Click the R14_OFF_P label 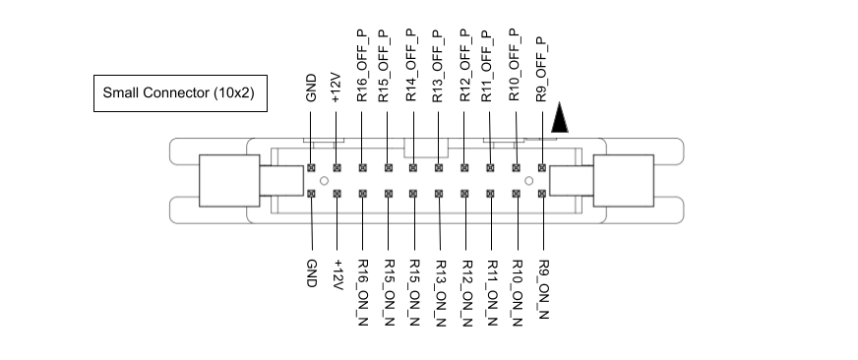(413, 67)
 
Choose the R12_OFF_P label (464, 67)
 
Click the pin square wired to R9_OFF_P (542, 168)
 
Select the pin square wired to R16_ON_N (363, 194)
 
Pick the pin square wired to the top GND (312, 168)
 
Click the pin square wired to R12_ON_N (464, 194)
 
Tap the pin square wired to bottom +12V (337, 194)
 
